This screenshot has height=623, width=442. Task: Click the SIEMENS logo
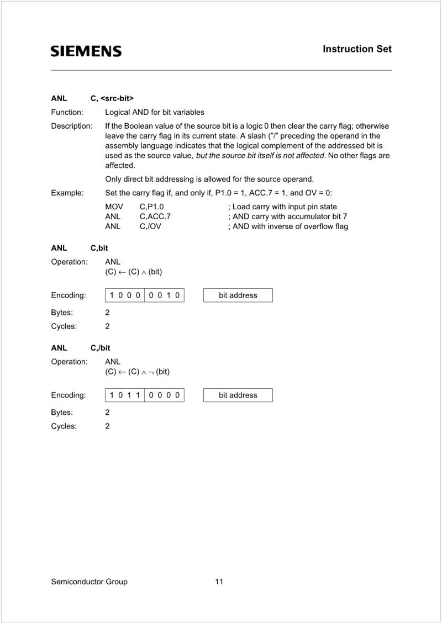(x=86, y=51)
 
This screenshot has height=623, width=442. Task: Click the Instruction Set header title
(x=357, y=49)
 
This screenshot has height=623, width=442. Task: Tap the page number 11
(x=219, y=582)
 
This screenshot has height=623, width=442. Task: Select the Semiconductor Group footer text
(x=89, y=582)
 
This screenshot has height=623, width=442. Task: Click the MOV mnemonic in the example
(x=114, y=207)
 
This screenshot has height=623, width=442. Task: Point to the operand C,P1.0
(x=151, y=207)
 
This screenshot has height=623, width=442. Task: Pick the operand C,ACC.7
(x=155, y=217)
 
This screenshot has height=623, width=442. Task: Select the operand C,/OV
(x=150, y=226)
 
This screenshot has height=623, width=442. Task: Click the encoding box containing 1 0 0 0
(x=125, y=295)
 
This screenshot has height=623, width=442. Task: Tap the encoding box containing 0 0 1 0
(x=164, y=295)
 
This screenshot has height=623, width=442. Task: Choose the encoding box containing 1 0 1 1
(x=125, y=395)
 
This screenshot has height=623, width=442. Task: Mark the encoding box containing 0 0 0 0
(x=164, y=395)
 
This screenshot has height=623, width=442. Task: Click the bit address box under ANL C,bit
(x=238, y=295)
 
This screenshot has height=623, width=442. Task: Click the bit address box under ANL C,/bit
(x=238, y=395)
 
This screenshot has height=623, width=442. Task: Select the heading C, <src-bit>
(x=112, y=98)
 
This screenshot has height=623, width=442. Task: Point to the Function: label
(x=67, y=112)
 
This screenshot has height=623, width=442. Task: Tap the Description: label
(x=72, y=126)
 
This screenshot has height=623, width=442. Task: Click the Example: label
(x=67, y=193)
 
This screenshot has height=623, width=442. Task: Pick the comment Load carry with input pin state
(x=282, y=207)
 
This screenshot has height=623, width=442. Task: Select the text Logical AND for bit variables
(x=155, y=112)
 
